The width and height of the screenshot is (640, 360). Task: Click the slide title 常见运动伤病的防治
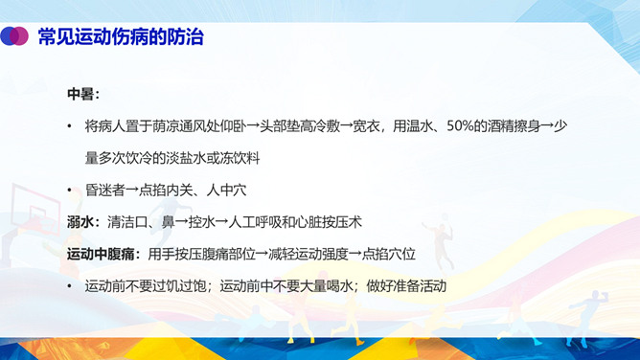[121, 36]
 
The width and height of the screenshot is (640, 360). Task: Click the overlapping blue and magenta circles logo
[14, 35]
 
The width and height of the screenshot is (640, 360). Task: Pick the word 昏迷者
[104, 190]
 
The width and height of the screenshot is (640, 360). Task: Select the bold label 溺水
[80, 222]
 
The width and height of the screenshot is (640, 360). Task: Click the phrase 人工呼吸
[255, 222]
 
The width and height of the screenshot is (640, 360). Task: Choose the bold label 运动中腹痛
[101, 254]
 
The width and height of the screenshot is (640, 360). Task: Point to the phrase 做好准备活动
[406, 286]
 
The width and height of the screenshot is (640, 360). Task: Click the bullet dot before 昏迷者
[69, 190]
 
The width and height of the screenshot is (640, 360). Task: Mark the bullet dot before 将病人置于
[69, 126]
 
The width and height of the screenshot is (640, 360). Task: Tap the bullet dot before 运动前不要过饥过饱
[69, 286]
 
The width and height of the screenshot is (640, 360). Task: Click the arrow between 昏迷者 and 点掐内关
[132, 191]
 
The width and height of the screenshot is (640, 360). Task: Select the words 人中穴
[226, 190]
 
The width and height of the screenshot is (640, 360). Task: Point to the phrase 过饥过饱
[179, 286]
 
